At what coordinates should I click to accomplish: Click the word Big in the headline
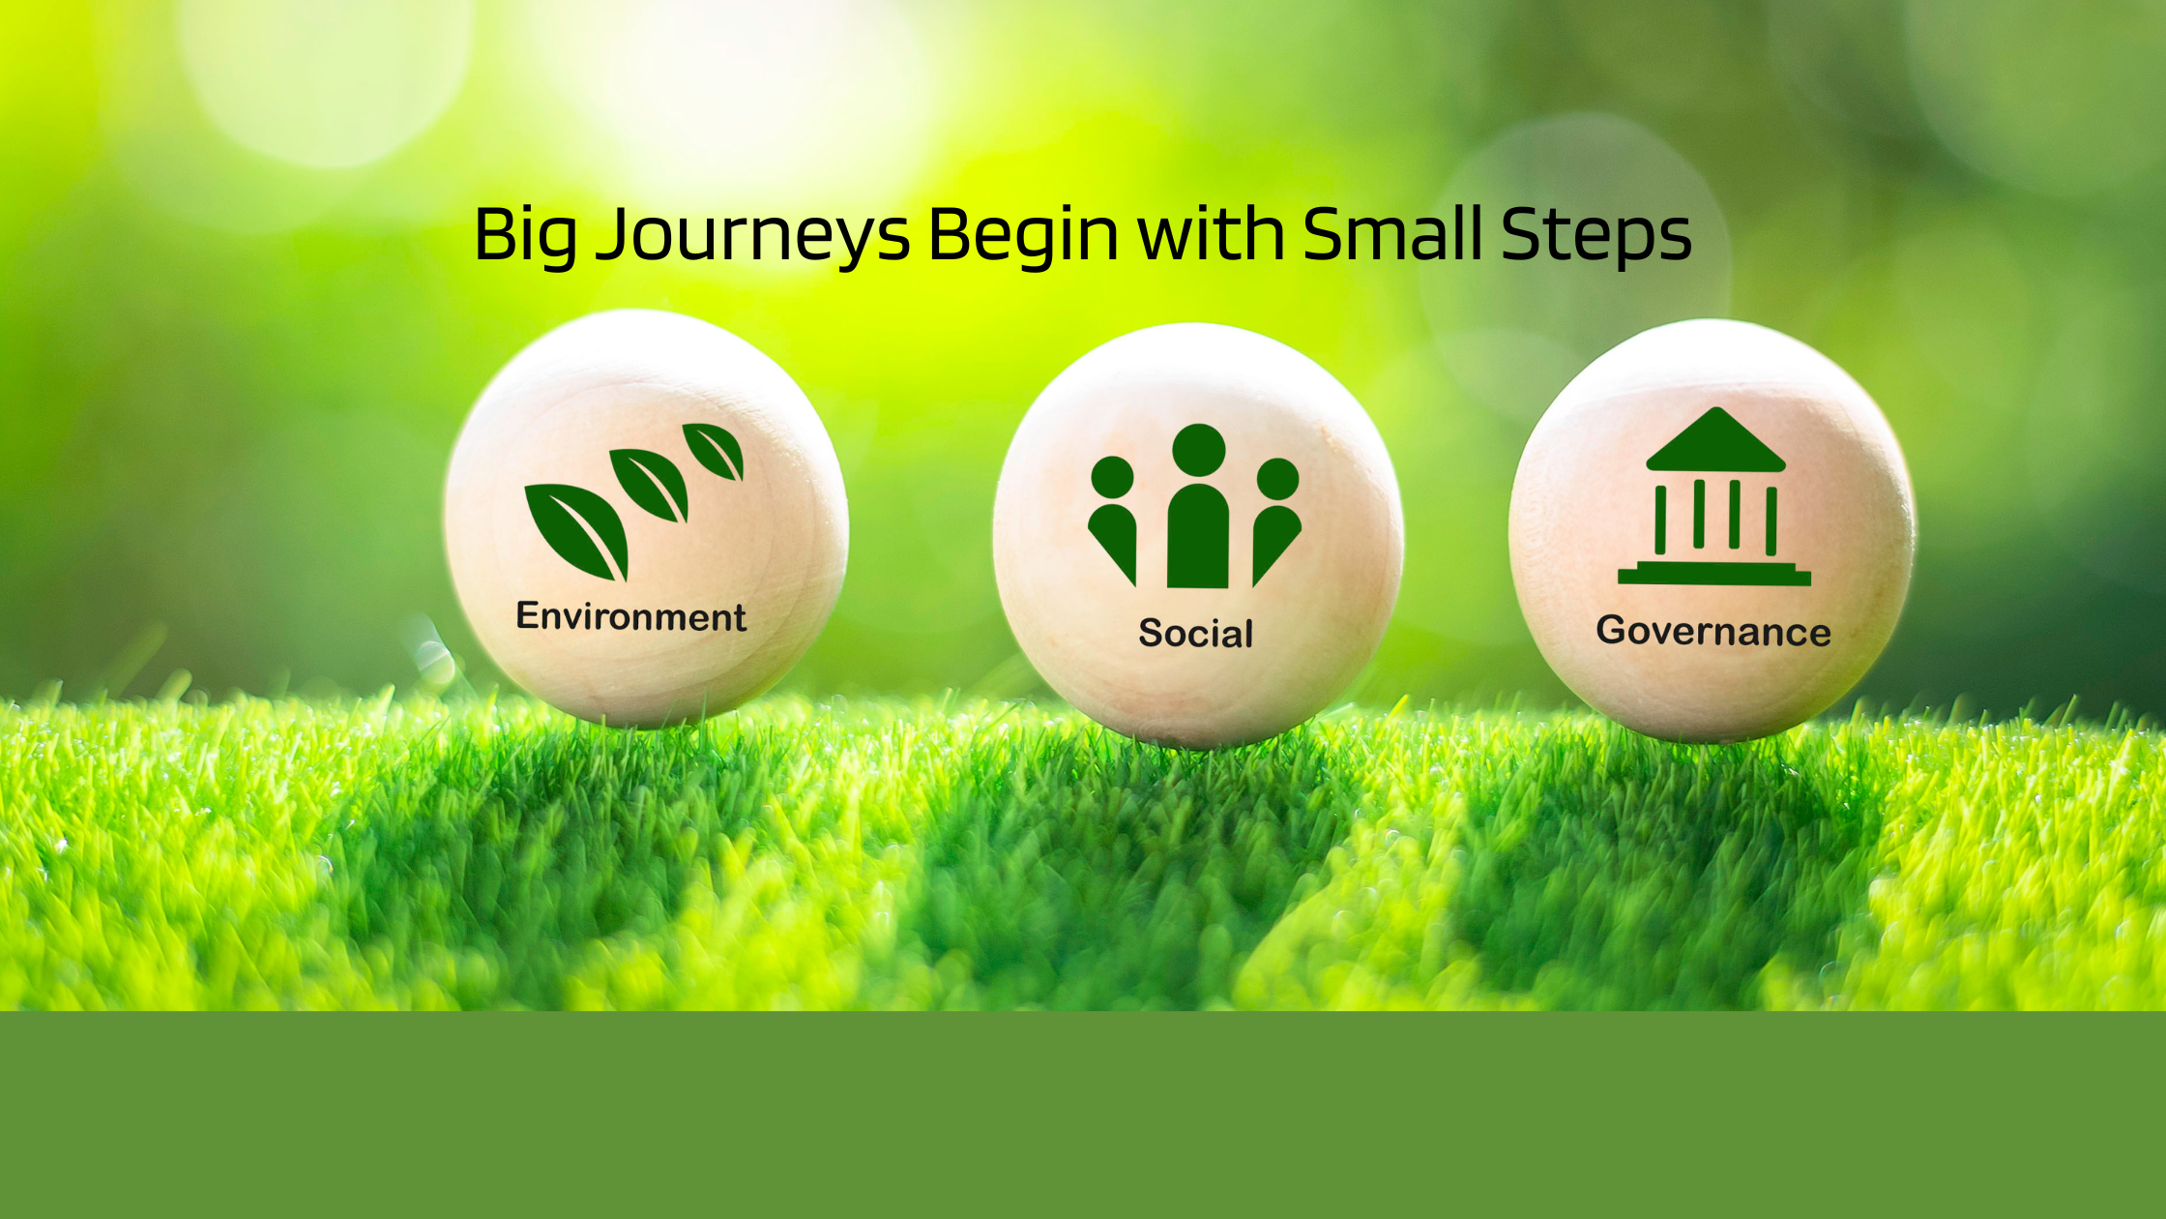tap(526, 236)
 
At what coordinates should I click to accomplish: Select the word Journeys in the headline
tap(752, 236)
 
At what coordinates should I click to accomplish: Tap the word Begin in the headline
tap(1023, 236)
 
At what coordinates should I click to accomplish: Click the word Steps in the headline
tap(1596, 236)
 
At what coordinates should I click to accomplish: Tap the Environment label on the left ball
tap(630, 616)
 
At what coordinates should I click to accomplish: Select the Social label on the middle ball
tap(1196, 633)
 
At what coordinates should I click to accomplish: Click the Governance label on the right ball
tap(1713, 631)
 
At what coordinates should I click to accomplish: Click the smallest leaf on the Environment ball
tap(714, 450)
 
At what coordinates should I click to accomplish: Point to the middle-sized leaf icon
tap(650, 484)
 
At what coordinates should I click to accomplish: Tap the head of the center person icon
tap(1199, 450)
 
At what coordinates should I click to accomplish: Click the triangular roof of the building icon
tap(1715, 441)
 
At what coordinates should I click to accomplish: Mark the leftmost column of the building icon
tap(1660, 520)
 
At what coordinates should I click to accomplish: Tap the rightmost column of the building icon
tap(1771, 520)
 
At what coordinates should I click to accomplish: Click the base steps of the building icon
tap(1714, 575)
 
